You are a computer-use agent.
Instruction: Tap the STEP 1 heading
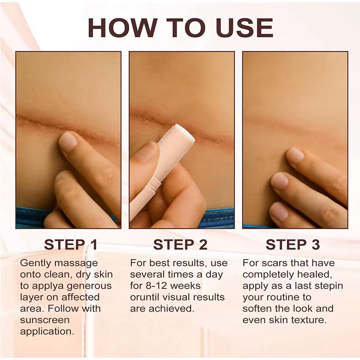71,244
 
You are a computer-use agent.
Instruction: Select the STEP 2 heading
180,244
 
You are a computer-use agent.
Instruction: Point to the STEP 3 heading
293,244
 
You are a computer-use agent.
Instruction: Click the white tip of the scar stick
185,131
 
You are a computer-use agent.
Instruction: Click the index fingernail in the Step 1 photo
68,141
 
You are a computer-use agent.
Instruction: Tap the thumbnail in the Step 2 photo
146,152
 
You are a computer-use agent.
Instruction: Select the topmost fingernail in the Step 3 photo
295,155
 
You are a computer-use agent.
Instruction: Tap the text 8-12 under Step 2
157,286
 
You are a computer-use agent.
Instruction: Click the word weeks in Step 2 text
188,286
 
